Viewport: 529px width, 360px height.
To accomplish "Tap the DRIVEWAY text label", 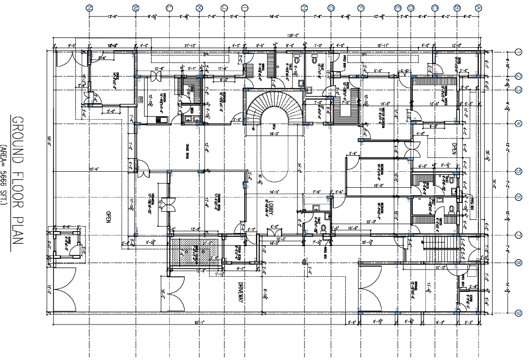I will tap(240, 293).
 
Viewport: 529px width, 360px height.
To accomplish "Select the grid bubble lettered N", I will tap(89, 8).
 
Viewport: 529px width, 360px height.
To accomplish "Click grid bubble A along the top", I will tap(478, 8).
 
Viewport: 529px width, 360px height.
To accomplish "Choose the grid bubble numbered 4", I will tap(519, 123).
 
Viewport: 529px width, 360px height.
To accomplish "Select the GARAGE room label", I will tap(417, 287).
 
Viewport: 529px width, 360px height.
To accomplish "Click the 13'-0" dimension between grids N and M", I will tap(112, 17).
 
